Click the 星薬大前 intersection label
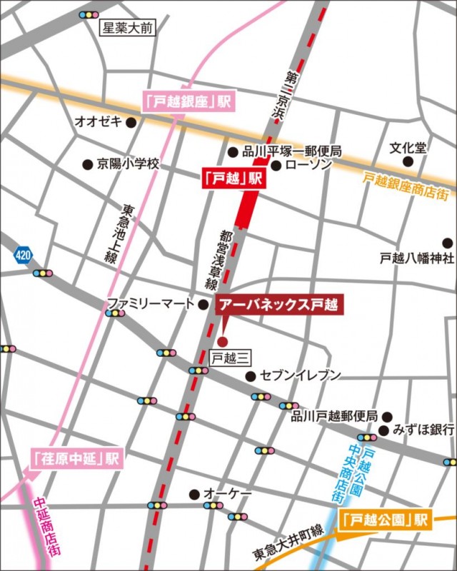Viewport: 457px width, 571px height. coord(127,29)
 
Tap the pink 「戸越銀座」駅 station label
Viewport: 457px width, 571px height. coord(189,101)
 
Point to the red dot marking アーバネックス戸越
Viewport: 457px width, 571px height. coord(222,340)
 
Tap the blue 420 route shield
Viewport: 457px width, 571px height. coord(23,254)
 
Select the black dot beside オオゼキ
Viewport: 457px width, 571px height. coord(131,122)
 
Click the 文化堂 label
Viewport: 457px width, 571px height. coord(408,148)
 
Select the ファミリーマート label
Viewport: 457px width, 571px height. coord(150,304)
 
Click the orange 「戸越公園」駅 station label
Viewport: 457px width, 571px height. coord(386,520)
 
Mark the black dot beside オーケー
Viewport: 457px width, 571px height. coord(193,493)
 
